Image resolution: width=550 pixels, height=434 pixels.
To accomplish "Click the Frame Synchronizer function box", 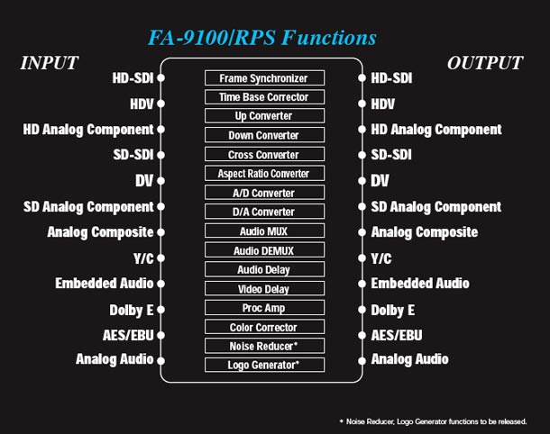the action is pos(264,78).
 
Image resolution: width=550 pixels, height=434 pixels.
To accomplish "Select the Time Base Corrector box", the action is pos(264,97).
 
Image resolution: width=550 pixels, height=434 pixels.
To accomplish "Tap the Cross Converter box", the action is pos(264,155).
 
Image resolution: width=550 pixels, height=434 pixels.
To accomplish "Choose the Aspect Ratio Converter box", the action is pos(264,174).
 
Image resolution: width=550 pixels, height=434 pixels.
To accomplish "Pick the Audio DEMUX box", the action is pos(264,250).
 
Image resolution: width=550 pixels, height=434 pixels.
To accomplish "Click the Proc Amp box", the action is pos(264,308).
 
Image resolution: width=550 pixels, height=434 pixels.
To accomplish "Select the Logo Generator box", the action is pos(264,365).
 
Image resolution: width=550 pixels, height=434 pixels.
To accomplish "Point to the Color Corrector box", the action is pos(264,327).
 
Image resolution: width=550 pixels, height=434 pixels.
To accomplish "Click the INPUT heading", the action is pos(49,63).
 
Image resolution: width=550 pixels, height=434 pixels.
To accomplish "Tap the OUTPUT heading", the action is pos(485,63).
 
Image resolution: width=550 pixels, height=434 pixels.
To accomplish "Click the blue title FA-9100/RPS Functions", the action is pos(262,38).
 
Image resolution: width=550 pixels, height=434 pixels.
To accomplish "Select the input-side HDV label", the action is pos(142,104).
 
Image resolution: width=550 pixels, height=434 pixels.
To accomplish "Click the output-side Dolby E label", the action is pos(393,311).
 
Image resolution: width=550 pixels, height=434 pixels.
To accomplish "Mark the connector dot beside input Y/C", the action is pos(161,258).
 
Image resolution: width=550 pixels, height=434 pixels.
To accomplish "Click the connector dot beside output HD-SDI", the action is pos(362,77).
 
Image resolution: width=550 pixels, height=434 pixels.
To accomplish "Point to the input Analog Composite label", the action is pos(100,232).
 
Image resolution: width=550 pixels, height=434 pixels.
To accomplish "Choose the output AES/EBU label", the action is pos(397,335).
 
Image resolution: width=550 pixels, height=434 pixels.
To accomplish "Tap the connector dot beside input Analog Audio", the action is pos(161,361).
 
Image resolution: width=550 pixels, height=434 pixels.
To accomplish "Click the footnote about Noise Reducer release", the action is pos(433,421).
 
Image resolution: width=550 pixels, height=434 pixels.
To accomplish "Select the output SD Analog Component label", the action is pos(436,207).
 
